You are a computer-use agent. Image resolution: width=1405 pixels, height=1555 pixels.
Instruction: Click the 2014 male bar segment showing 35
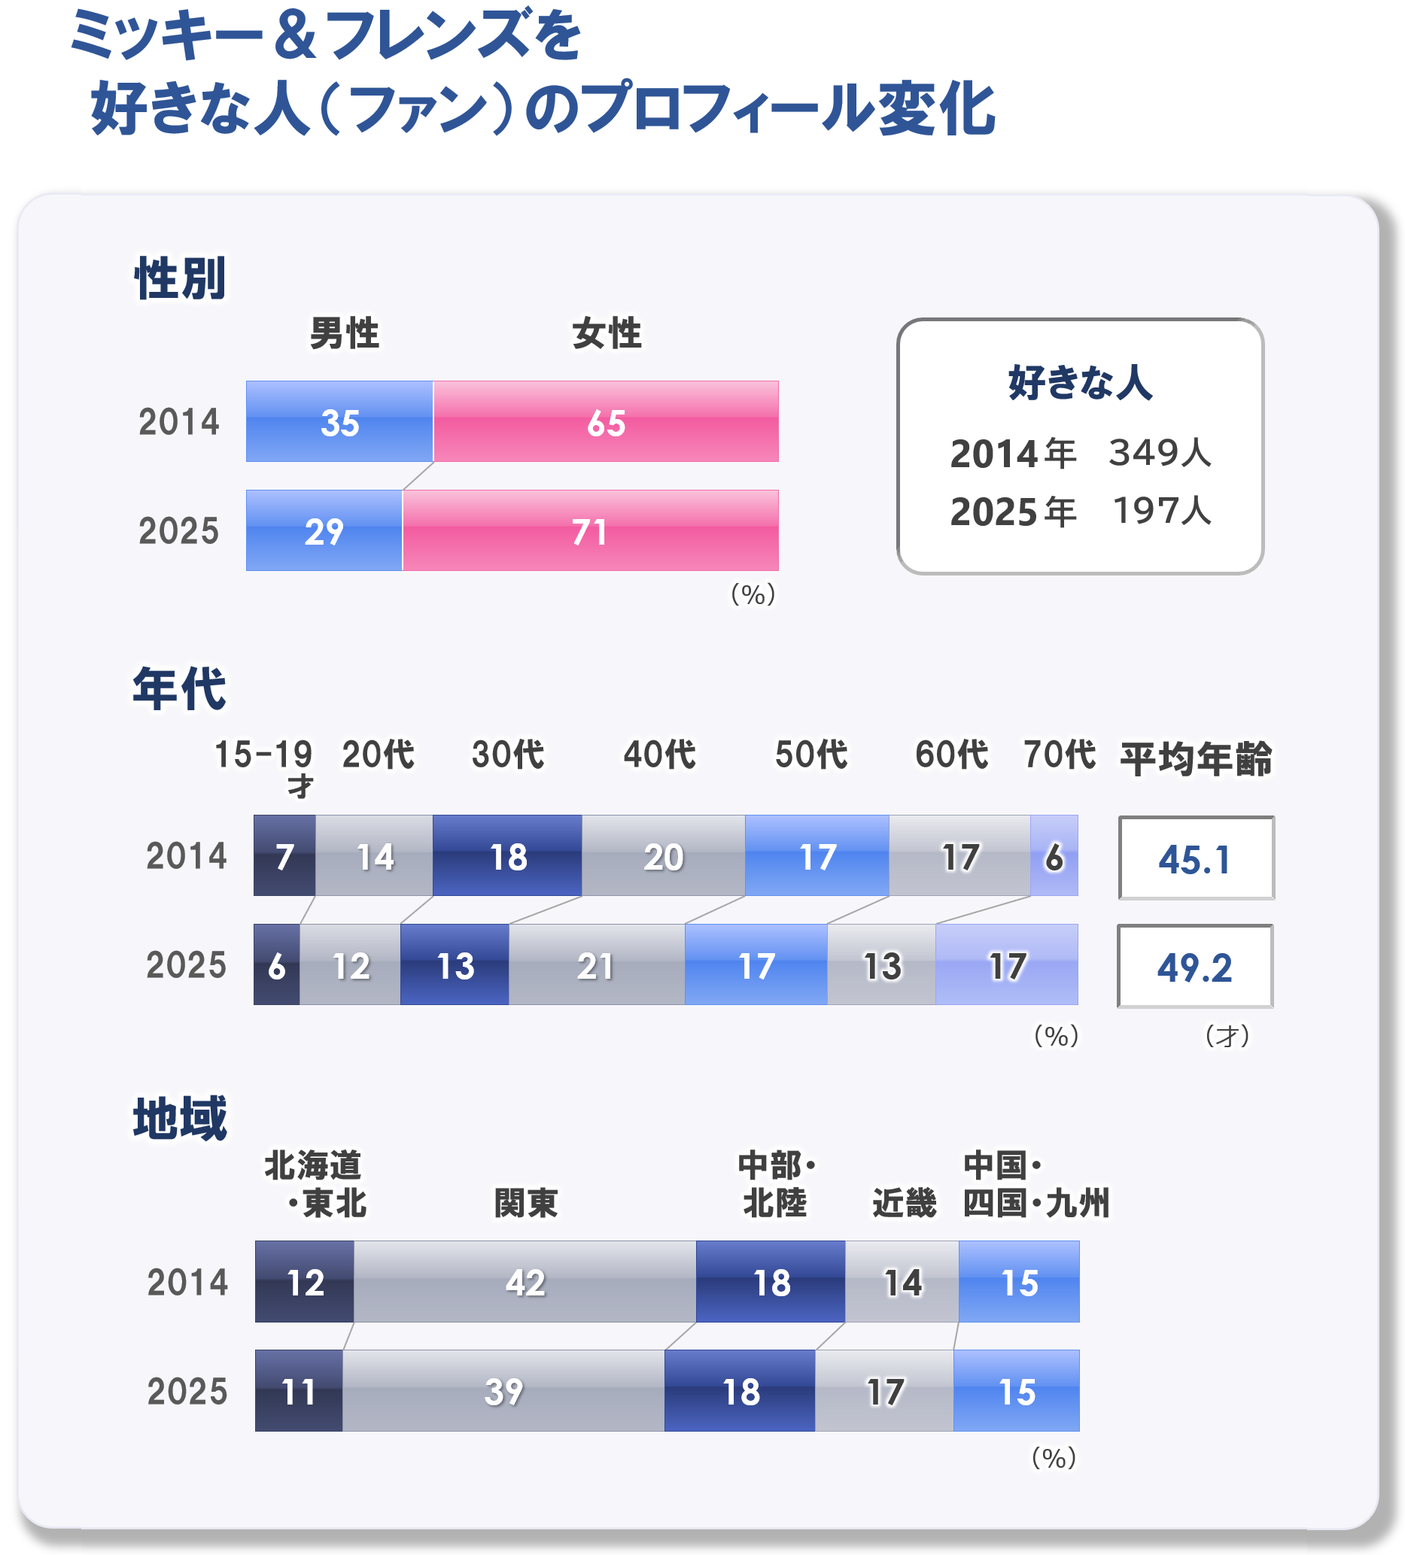[x=339, y=421]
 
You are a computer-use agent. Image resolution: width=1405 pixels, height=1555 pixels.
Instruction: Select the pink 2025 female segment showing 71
[x=589, y=530]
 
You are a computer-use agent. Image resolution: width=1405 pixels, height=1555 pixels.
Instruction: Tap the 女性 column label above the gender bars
[x=607, y=333]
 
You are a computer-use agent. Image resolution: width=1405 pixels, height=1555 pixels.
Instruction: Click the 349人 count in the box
[x=1160, y=453]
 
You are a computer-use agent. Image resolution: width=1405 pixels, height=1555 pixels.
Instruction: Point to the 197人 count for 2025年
[x=1161, y=511]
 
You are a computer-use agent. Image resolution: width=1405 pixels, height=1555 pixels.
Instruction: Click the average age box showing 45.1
[x=1195, y=858]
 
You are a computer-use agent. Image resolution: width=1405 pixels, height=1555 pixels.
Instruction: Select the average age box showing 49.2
[x=1194, y=966]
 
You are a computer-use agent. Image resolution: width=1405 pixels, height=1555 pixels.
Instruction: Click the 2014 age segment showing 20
[x=663, y=856]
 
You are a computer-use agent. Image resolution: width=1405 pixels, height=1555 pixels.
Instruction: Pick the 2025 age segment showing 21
[x=596, y=965]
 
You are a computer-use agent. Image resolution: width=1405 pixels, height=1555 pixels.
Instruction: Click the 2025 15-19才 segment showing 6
[x=276, y=965]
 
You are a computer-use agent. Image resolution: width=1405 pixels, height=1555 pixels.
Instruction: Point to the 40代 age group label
[x=659, y=755]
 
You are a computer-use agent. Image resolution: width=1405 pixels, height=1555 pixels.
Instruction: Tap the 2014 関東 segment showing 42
[x=525, y=1282]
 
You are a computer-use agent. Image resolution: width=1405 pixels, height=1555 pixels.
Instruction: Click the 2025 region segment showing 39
[x=503, y=1392]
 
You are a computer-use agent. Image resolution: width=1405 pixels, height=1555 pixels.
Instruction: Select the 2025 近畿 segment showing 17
[x=884, y=1392]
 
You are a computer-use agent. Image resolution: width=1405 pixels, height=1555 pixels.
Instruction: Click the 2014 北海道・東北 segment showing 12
[x=305, y=1282]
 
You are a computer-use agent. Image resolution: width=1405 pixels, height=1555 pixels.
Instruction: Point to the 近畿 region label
[x=904, y=1202]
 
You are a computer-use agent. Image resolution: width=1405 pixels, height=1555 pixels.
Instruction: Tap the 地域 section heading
[x=180, y=1118]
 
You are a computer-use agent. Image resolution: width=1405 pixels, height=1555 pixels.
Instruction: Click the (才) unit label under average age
[x=1227, y=1036]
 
